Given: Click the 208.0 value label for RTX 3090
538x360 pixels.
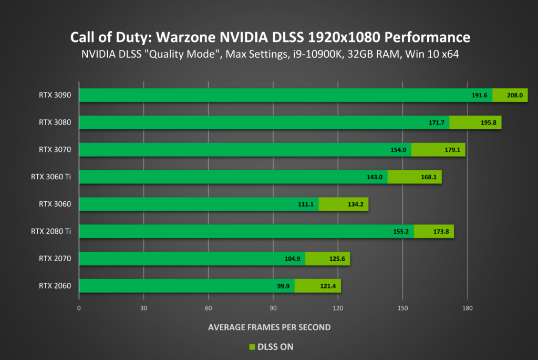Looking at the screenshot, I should click(x=515, y=95).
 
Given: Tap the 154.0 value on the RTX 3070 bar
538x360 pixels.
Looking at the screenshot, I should click(x=399, y=150).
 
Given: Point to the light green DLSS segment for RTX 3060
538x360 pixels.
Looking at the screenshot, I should click(x=344, y=204).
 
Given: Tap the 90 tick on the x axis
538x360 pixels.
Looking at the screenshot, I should click(x=273, y=308).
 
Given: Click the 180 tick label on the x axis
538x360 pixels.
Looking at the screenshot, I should click(x=468, y=308).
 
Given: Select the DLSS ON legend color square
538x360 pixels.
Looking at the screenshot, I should click(x=251, y=347).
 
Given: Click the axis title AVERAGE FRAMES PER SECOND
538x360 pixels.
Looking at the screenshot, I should click(x=269, y=327).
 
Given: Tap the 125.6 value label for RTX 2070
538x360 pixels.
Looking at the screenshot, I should click(x=332, y=259).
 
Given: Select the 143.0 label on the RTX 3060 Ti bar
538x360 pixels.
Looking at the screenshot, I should click(x=375, y=177).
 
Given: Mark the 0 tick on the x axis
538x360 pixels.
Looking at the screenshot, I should click(x=79, y=308).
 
